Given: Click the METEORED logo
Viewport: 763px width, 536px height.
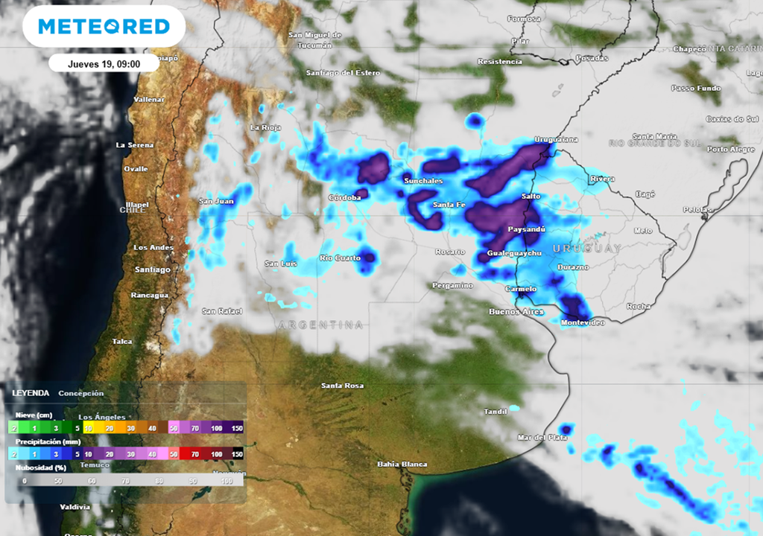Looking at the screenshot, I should (104, 27).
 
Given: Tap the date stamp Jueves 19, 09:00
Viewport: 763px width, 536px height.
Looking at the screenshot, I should (104, 63).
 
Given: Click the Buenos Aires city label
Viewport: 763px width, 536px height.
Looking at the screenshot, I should (516, 311).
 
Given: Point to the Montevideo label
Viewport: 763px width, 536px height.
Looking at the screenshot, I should (581, 322).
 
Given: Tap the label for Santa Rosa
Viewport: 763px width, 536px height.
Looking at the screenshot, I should (342, 386).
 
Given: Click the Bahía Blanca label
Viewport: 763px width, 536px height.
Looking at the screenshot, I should (402, 465).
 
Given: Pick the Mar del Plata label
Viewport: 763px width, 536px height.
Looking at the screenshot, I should (542, 438).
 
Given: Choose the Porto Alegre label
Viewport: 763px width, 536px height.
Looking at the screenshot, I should (731, 150).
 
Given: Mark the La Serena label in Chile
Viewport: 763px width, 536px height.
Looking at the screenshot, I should (135, 145).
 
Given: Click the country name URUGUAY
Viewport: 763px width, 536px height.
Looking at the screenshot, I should (587, 248).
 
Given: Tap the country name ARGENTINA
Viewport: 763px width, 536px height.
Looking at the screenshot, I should (321, 325).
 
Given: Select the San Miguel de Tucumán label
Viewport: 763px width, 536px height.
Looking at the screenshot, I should (315, 40).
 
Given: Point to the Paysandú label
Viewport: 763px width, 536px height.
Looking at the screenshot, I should (527, 229).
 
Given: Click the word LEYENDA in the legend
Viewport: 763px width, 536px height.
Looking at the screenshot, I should (31, 393).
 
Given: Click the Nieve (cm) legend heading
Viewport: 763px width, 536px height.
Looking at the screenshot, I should (33, 416).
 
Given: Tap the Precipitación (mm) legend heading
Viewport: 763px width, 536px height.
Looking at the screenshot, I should (43, 441).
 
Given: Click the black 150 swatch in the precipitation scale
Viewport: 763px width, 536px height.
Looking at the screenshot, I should (238, 453).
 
